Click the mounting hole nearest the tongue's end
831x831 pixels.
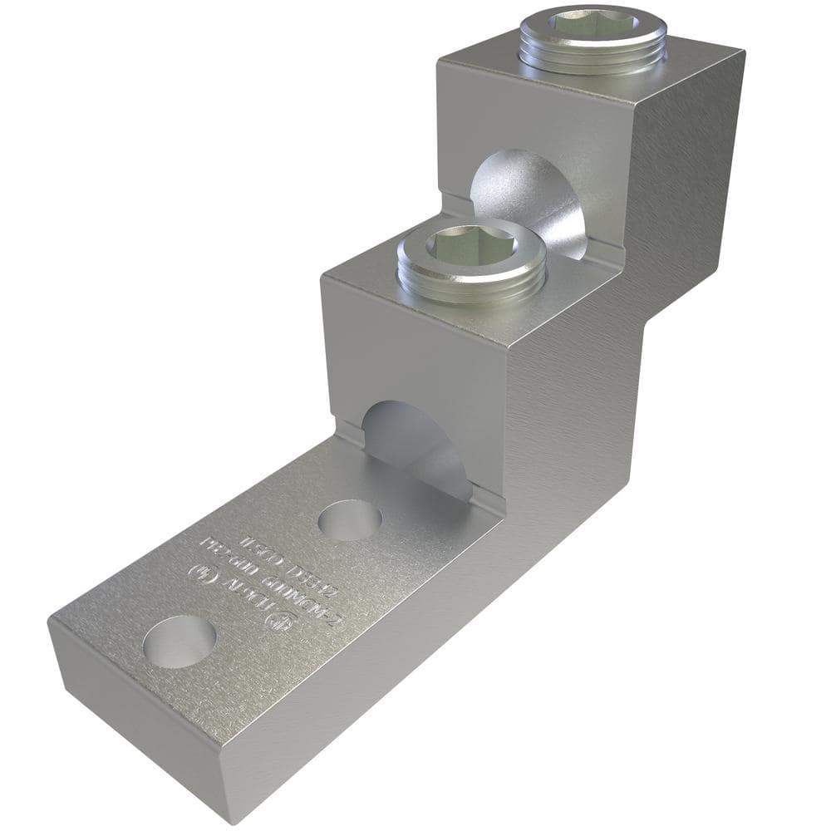coord(179,641)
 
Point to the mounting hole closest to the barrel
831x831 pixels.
coord(350,519)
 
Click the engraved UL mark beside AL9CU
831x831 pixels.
coord(199,573)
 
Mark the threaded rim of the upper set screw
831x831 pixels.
coord(593,52)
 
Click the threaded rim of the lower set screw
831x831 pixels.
coord(470,278)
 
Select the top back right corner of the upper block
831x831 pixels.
coord(742,52)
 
